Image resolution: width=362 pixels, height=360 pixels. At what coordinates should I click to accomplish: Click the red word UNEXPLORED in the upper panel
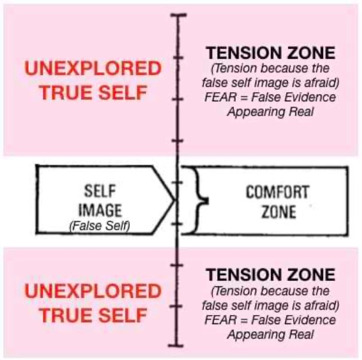(93, 68)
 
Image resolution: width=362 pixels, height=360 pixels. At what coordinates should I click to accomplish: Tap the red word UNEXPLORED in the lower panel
(93, 292)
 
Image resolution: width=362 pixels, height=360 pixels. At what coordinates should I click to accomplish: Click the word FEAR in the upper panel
(218, 97)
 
